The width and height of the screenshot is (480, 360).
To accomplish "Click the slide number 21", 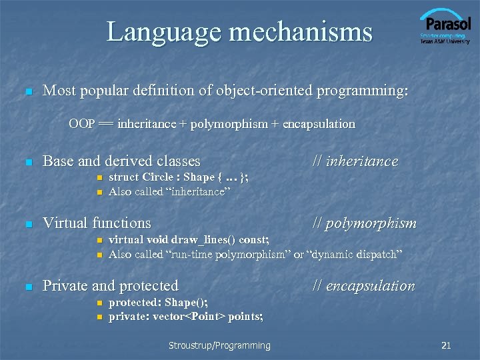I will tap(447, 345).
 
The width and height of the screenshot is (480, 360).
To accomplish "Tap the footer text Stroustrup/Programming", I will tap(219, 345).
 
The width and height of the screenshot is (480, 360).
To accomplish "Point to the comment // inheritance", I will tap(355, 161).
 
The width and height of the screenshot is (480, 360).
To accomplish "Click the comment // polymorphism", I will tap(364, 223).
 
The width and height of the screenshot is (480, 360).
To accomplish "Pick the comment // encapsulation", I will tap(363, 286).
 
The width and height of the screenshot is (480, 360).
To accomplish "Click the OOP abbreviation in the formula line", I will tap(81, 124).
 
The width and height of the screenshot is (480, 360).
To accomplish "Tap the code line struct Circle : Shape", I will tap(179, 177).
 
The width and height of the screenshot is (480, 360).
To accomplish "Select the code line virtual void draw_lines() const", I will tap(189, 239).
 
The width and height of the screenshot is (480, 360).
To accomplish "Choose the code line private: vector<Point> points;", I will tap(185, 317).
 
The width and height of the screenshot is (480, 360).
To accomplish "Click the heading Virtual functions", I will tap(97, 223).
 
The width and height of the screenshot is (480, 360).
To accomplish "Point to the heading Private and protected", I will tap(111, 286).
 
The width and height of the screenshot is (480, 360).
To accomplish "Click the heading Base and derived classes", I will tap(121, 161).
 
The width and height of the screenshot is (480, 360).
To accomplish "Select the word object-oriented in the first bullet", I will tap(242, 91).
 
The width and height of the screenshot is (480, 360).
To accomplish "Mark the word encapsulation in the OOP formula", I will tap(319, 124).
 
